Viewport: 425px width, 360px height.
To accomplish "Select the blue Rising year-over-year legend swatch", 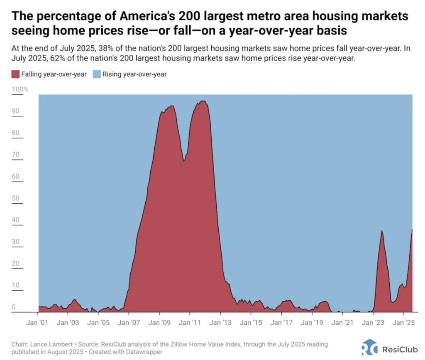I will tap(94, 74).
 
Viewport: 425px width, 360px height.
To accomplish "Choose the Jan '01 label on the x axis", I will tap(38, 322).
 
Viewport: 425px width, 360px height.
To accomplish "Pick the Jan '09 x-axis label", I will tap(160, 322).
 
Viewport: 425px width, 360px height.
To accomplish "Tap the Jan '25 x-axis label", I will tap(404, 322).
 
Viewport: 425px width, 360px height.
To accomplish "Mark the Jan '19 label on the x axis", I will tap(312, 322).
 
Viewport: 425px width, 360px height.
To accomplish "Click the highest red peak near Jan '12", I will tap(203, 101).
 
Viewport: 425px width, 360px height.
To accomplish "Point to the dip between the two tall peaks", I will tap(183, 161).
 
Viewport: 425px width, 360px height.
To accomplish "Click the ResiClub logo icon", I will tap(369, 347).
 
